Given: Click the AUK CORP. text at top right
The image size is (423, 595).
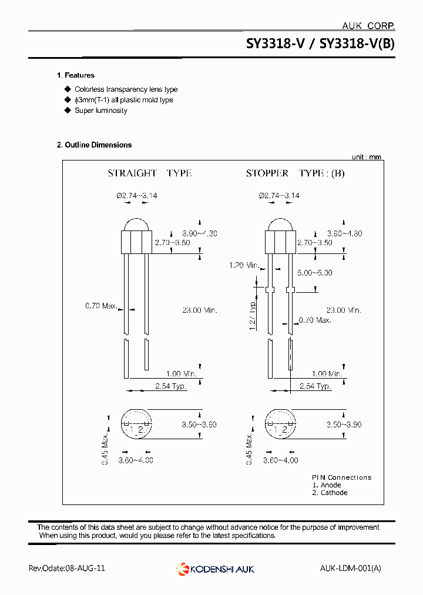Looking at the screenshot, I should (368, 26).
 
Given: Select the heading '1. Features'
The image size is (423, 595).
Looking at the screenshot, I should (76, 75).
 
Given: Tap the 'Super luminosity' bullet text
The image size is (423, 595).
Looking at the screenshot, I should (100, 111).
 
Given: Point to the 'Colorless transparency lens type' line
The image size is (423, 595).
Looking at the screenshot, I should (126, 89).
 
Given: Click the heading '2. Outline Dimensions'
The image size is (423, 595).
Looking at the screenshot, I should (94, 145).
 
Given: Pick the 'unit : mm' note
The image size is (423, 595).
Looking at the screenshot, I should (367, 157).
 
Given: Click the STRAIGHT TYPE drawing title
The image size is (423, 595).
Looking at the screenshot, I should (149, 173).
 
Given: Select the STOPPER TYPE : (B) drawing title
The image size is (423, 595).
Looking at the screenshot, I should (295, 173).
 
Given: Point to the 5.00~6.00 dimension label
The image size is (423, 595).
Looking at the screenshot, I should (315, 273).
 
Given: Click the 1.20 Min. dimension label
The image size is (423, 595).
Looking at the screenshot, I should (244, 266).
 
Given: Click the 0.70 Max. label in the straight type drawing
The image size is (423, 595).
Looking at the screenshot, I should (101, 306).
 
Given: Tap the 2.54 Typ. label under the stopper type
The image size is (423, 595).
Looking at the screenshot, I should (315, 386).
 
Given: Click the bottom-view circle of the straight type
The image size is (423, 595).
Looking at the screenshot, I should (136, 424).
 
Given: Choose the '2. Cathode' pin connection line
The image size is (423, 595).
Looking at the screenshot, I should (330, 493).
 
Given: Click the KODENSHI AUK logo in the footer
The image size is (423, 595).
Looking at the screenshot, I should (215, 569).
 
